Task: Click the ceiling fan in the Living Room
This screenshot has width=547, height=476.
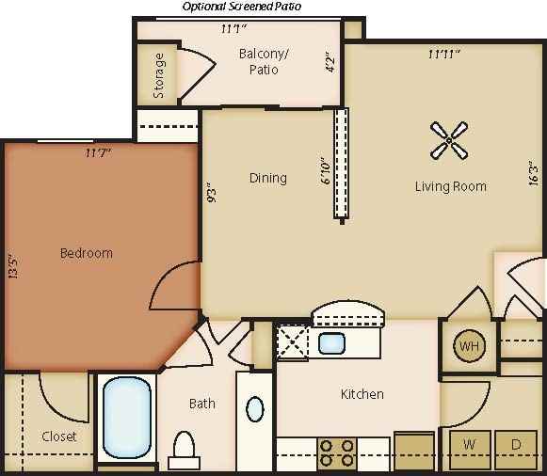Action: coord(450,141)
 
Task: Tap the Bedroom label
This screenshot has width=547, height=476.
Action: coord(87,253)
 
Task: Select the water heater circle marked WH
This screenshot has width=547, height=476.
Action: coord(469,346)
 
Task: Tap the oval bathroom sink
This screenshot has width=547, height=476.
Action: coord(255,409)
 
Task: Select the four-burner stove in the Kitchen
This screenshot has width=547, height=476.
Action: coord(336,452)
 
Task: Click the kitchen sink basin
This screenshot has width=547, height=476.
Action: coord(331,343)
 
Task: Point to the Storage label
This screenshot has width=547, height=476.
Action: coord(159,75)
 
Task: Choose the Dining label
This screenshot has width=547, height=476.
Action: coord(267,178)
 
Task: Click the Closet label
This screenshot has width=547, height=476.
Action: coord(59,436)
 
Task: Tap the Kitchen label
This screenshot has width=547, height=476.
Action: coord(362,394)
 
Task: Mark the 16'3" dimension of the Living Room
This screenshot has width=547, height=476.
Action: coord(533,174)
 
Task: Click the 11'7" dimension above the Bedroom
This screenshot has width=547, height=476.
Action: coord(98,152)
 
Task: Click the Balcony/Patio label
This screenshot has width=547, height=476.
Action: coord(264,62)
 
